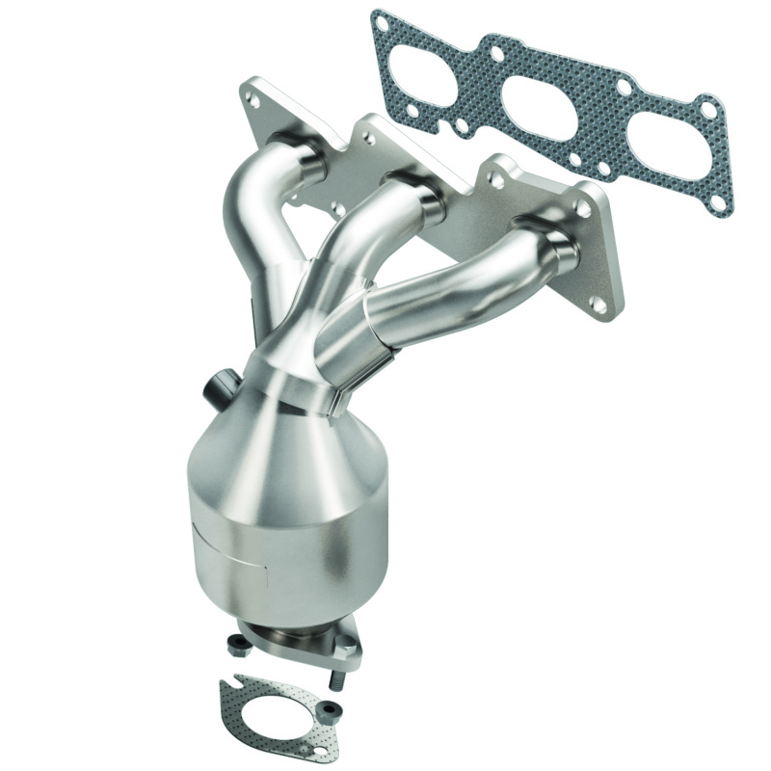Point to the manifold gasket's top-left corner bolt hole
pos(384,20)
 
